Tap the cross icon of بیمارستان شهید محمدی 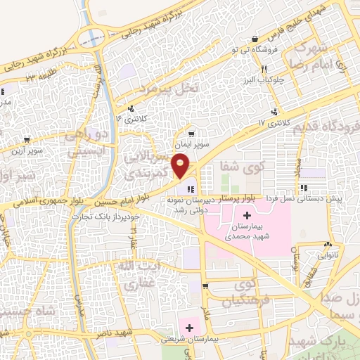click(x=247, y=215)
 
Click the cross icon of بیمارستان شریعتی click(x=188, y=326)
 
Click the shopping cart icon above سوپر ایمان click(x=191, y=132)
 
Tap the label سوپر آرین click(x=27, y=150)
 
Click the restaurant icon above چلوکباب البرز click(x=264, y=69)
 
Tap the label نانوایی click(x=328, y=255)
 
